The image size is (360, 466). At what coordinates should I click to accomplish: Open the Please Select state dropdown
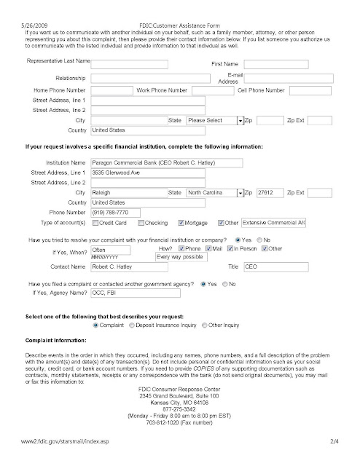212,119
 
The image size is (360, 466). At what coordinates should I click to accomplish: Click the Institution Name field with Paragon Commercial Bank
155,162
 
